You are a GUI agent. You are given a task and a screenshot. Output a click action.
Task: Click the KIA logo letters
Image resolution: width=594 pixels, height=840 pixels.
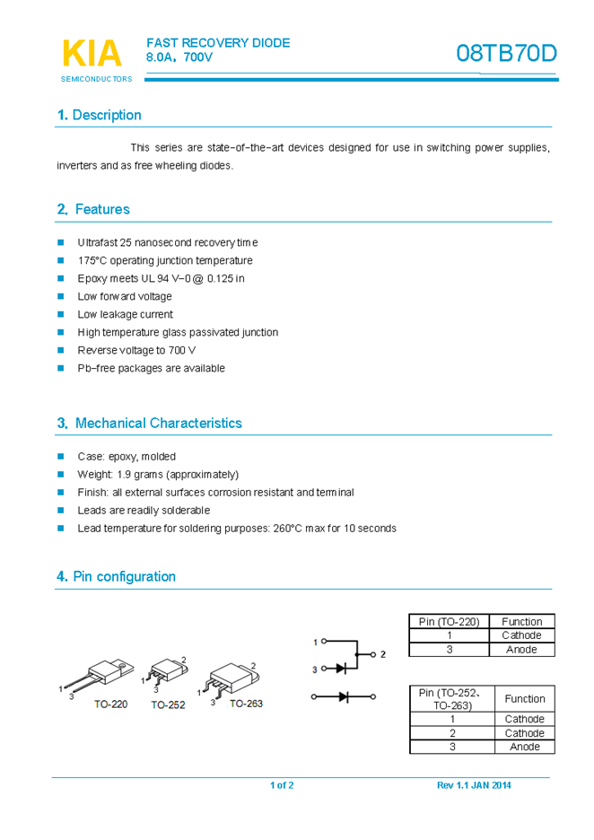(x=92, y=53)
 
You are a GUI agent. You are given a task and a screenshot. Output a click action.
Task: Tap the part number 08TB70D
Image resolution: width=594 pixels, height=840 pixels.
(x=506, y=54)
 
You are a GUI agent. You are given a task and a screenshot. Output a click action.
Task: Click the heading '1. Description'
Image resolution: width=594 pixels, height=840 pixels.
(x=99, y=115)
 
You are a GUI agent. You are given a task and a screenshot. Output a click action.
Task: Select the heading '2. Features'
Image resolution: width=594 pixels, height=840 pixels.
(x=93, y=209)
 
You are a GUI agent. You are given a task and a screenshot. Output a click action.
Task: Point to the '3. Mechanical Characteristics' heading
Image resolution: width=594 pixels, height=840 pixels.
(x=149, y=423)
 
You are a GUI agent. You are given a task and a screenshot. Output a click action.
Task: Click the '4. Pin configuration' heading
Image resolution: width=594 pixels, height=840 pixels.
(x=116, y=576)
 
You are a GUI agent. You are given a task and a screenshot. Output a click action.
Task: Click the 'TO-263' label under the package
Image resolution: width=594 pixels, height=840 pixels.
(x=246, y=704)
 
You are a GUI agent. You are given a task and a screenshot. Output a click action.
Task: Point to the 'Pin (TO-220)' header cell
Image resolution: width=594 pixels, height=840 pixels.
(x=450, y=621)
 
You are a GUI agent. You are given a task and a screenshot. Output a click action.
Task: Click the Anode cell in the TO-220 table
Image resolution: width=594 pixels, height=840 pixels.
(x=521, y=649)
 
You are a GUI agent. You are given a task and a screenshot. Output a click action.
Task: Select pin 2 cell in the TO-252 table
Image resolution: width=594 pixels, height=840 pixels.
(x=452, y=732)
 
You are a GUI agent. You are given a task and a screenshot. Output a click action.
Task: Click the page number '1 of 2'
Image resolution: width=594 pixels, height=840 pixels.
(x=282, y=785)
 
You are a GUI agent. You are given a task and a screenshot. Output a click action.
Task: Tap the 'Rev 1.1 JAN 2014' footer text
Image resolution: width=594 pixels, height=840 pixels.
(x=474, y=785)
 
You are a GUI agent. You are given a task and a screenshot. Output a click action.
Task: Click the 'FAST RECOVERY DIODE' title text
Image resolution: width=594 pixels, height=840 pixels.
(x=218, y=42)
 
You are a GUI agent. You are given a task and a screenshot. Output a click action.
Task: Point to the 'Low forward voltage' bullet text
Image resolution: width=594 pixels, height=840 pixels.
(x=125, y=296)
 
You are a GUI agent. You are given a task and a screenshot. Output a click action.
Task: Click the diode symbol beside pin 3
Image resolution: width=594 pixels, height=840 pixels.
(x=342, y=668)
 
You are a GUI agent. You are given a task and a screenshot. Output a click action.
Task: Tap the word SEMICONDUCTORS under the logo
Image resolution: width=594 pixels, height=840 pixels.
(x=96, y=79)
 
